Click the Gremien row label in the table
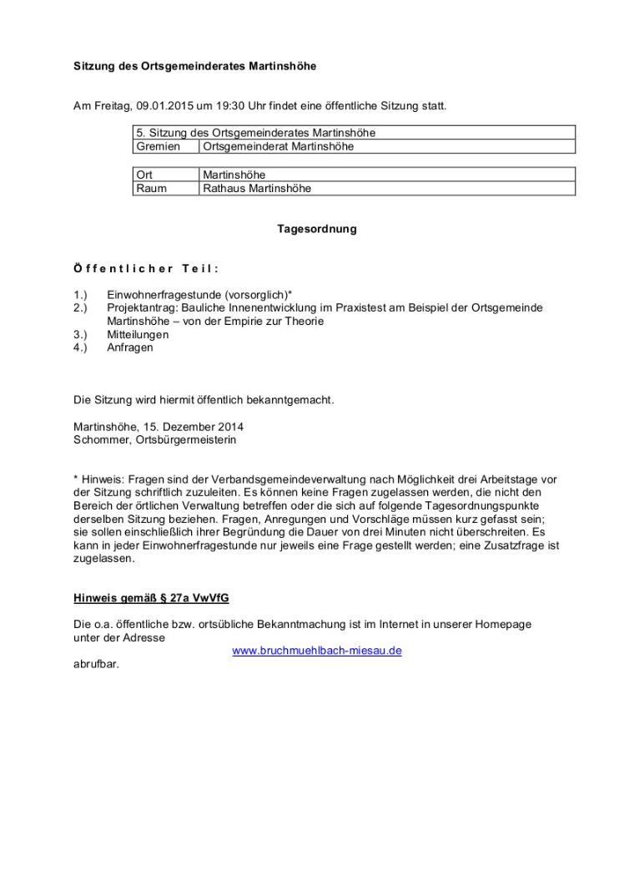coord(158,146)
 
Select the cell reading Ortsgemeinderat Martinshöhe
coord(279,146)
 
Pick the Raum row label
coord(151,189)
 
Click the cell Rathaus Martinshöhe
coord(257,189)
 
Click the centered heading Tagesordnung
coord(317,229)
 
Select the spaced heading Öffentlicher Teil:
coord(146,268)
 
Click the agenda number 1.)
coord(81,295)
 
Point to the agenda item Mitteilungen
coord(138,334)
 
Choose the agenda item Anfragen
coord(130,347)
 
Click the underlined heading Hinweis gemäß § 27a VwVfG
coord(151,598)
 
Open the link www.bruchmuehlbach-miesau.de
coord(317,651)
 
